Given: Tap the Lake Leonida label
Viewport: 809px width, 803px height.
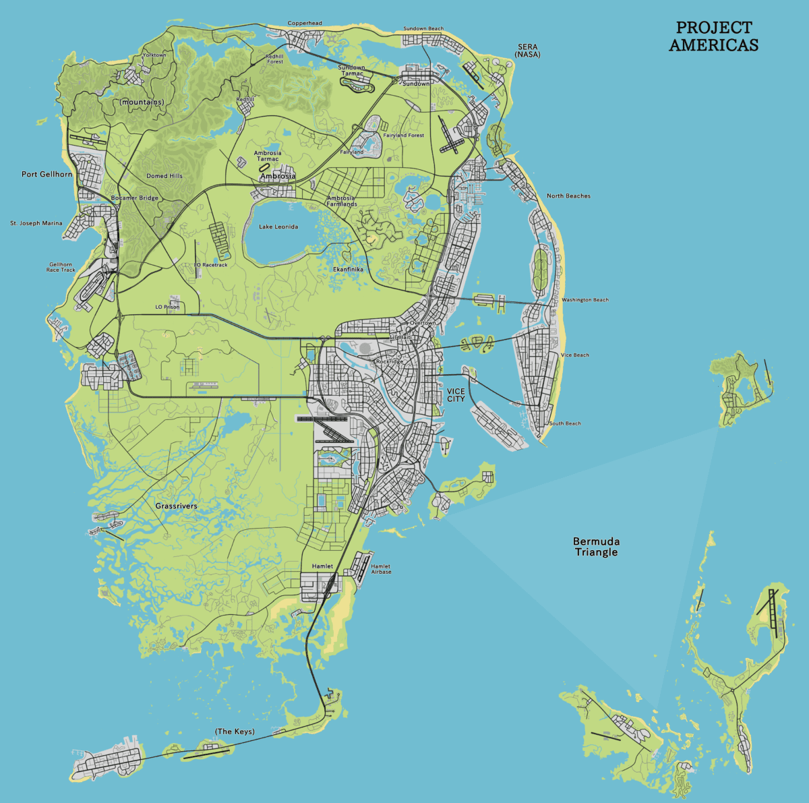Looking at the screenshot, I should coord(278,227).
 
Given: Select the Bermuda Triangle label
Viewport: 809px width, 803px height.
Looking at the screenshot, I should coord(595,547).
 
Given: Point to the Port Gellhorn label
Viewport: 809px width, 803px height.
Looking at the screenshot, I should coord(47,174).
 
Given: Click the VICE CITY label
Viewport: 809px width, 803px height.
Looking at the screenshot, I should coord(456,395).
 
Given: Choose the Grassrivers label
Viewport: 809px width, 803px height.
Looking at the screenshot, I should coord(176,506).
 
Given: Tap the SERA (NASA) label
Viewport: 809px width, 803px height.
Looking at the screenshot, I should coord(528,50).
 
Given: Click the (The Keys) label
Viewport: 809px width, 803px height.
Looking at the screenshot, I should coord(235,732).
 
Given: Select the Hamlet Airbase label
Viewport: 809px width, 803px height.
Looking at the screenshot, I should coord(381,569).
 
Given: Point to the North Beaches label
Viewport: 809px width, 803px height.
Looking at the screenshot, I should coord(568,196).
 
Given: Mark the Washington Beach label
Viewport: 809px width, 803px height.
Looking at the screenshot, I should coord(585,300).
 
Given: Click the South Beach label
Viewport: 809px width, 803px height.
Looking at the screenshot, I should coord(565,423).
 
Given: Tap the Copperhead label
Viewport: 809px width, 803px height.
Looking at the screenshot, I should coord(305,23).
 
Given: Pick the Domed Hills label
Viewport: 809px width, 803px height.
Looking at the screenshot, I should coord(164,176).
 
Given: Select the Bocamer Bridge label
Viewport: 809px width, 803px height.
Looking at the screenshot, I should coord(134,198).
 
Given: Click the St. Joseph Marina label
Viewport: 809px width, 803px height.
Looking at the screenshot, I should coord(36,223).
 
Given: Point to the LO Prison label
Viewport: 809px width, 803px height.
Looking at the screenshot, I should coord(167,307).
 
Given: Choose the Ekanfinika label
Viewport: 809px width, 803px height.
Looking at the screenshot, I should coord(348,269).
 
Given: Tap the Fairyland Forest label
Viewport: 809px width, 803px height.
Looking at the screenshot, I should coord(404,136).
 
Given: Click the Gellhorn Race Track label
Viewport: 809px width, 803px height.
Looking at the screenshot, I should coord(61,267).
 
